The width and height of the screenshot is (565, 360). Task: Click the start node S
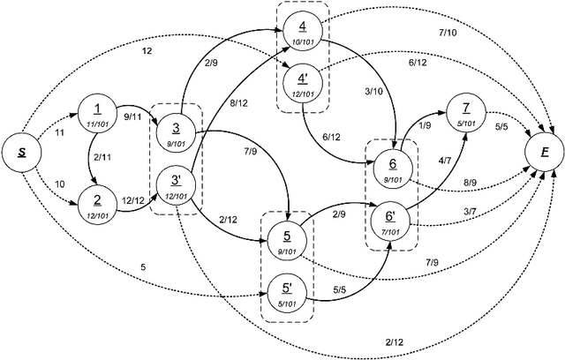coord(22,153)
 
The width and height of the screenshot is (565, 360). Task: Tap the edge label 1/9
coord(426,125)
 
